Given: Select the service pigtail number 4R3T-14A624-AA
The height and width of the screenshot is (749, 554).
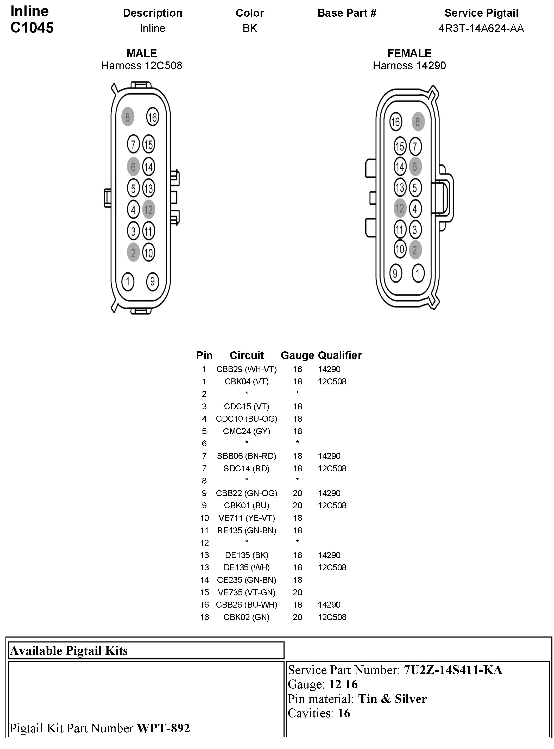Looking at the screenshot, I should pos(481,28).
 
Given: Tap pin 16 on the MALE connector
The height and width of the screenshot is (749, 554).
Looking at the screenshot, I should pos(153,117).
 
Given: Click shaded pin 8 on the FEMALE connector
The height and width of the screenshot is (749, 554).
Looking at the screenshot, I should pos(418,122).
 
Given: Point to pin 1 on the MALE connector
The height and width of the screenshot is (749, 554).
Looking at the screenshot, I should pos(128,282).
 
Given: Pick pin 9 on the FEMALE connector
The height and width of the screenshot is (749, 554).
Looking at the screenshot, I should pos(396,273).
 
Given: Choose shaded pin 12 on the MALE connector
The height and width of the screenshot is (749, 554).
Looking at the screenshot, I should pos(149,210).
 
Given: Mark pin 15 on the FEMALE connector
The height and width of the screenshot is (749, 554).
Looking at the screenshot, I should pos(400,146).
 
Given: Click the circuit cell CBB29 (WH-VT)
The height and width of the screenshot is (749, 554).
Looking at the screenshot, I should pos(247,369).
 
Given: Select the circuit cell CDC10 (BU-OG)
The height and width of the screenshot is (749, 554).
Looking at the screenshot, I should pos(247,419).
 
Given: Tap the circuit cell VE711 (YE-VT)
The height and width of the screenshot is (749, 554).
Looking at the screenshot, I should pos(247,518).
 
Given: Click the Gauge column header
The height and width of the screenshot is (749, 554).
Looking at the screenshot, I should pos(297,355).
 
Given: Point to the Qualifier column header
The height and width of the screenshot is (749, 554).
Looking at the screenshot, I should pos(340,355).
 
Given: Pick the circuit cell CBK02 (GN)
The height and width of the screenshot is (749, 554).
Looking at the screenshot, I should pos(247,617).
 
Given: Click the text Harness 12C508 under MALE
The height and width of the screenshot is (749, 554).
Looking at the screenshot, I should pos(142,65).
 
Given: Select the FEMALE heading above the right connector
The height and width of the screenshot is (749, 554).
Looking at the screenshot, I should pos(409,53).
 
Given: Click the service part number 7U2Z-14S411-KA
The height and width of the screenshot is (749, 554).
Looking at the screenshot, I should pos(453,670).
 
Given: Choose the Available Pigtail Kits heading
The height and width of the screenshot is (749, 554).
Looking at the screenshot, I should pos(69,650).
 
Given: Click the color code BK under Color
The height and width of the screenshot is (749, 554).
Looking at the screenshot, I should pos(250,28).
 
